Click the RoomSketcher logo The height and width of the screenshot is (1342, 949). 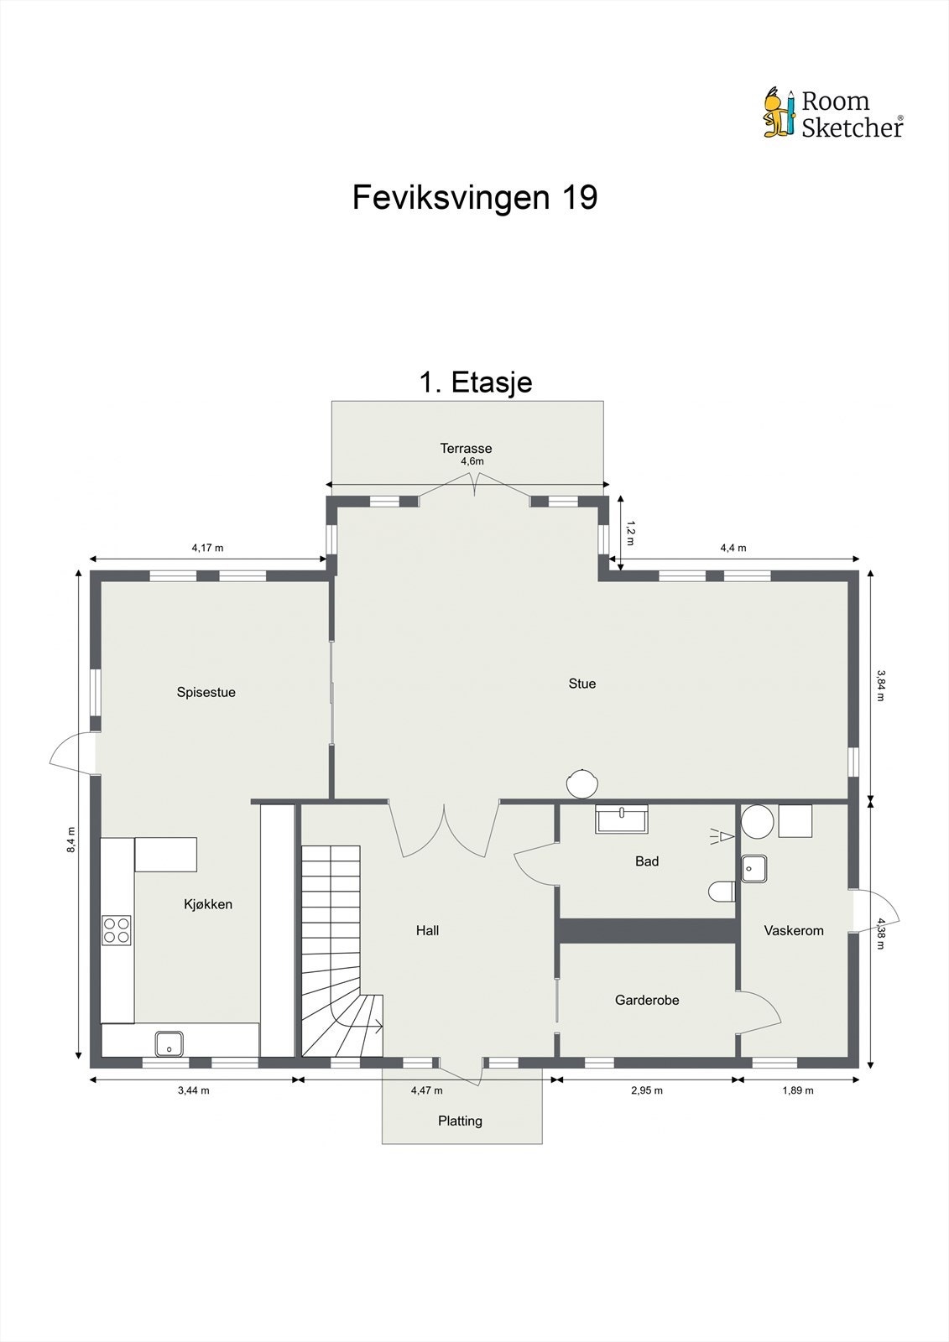pyautogui.click(x=832, y=113)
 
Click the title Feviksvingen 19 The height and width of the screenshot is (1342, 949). pyautogui.click(x=474, y=198)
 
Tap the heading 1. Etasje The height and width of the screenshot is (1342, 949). pyautogui.click(x=475, y=382)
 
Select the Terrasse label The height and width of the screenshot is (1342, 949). pyautogui.click(x=466, y=448)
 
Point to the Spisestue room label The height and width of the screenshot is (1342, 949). pyautogui.click(x=206, y=692)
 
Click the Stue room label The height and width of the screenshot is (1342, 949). pyautogui.click(x=581, y=684)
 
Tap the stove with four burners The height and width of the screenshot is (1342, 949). pyautogui.click(x=117, y=929)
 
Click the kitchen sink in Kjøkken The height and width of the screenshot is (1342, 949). pyautogui.click(x=169, y=1044)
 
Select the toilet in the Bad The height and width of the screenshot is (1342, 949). pyautogui.click(x=722, y=892)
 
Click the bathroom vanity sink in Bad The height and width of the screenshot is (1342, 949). pyautogui.click(x=622, y=818)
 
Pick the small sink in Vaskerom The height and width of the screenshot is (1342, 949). pyautogui.click(x=753, y=869)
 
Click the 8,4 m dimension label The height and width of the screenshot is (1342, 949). pyautogui.click(x=71, y=839)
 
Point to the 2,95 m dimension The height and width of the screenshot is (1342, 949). pyautogui.click(x=646, y=1090)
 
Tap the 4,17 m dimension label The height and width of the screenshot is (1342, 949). pyautogui.click(x=207, y=548)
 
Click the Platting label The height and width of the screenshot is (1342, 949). pyautogui.click(x=460, y=1121)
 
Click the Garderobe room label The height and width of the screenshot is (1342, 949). pyautogui.click(x=646, y=1000)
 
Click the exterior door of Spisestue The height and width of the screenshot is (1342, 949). pyautogui.click(x=72, y=753)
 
